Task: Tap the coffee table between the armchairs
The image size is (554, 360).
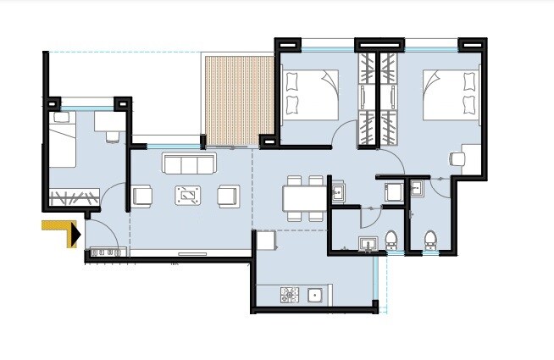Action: [x=188, y=196]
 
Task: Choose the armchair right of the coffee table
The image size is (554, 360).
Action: [x=228, y=196]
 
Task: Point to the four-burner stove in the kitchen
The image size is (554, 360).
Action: [x=290, y=296]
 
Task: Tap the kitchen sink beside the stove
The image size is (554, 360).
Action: [x=315, y=296]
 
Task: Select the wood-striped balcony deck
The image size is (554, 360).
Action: [x=237, y=98]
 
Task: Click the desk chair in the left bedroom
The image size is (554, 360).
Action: [x=112, y=136]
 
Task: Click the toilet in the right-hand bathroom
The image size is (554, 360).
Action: [x=429, y=241]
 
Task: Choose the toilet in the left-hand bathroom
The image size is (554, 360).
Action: [x=391, y=241]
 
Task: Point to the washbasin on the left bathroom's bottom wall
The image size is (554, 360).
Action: [x=368, y=245]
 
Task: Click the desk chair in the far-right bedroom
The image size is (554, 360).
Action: [x=458, y=158]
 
